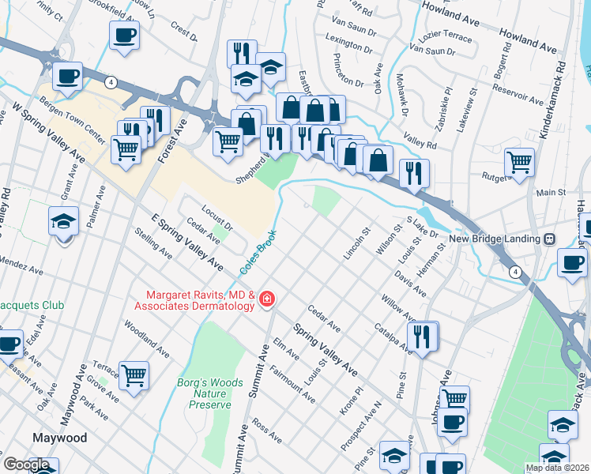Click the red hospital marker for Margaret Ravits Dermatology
click(267, 299)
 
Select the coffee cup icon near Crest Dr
click(124, 35)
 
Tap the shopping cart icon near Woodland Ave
click(134, 374)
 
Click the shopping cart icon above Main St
click(519, 162)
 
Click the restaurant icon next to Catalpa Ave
click(423, 336)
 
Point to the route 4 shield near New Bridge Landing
click(515, 272)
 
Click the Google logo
click(27, 465)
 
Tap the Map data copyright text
click(558, 468)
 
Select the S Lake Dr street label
click(422, 228)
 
